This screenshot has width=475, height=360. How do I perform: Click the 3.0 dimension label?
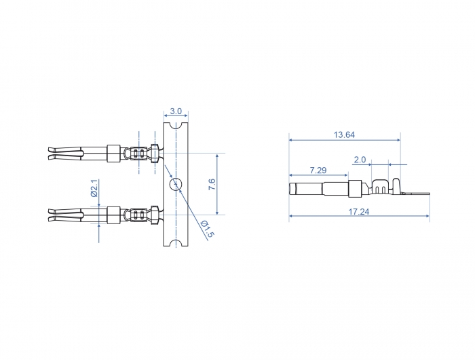(x=176, y=111)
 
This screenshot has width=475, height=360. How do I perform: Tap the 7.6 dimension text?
(x=211, y=183)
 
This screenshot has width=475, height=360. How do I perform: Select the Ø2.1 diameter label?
(x=94, y=187)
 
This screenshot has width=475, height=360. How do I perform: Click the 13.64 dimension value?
(x=344, y=134)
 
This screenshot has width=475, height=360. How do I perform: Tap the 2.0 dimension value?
(x=360, y=160)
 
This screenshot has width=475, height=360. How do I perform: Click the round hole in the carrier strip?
(x=176, y=184)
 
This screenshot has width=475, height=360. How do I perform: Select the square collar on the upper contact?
(x=113, y=153)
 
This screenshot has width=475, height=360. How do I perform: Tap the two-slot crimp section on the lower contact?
(x=139, y=215)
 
